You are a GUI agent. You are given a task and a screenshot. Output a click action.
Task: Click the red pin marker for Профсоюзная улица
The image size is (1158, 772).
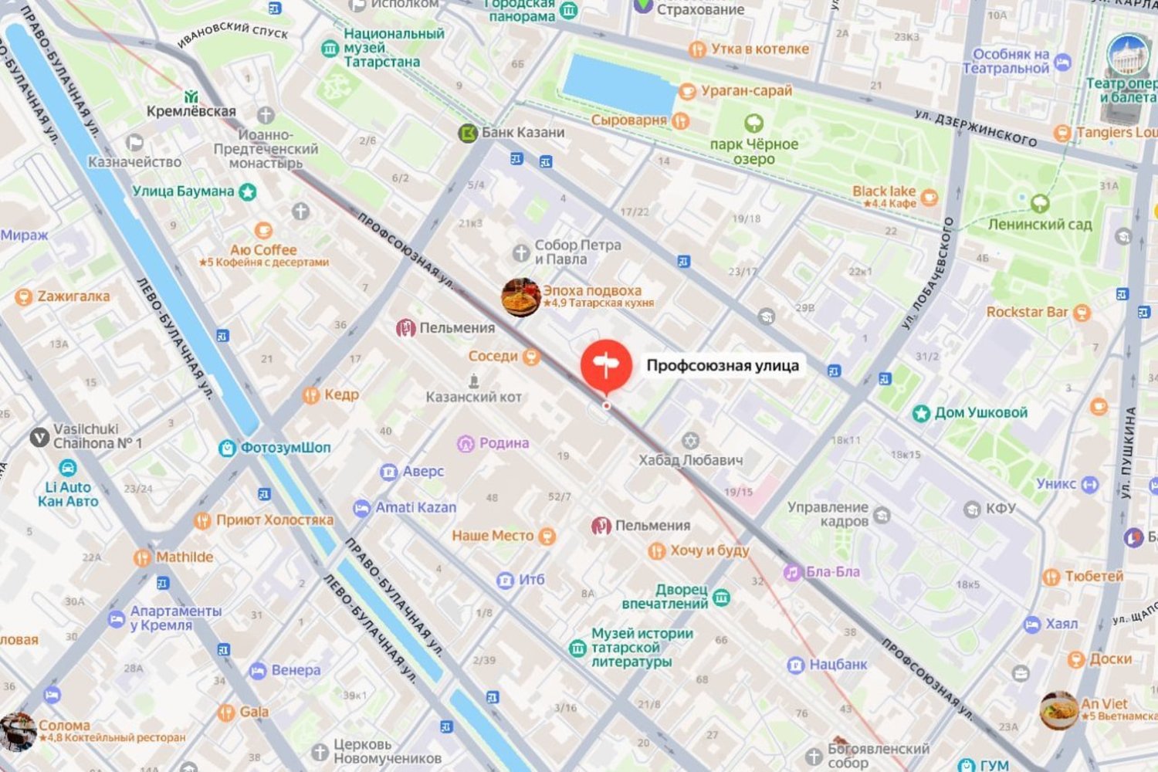(x=606, y=364)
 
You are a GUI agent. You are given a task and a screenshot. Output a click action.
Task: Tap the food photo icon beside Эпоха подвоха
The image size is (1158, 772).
(x=520, y=297)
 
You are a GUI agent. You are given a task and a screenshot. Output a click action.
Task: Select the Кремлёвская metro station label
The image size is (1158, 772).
(x=191, y=110)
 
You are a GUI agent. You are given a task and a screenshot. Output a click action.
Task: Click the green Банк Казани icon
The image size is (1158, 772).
(x=467, y=133)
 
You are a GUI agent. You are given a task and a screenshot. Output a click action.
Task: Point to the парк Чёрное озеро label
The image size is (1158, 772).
(x=753, y=151)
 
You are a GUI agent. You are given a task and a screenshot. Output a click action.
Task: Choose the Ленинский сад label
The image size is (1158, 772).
(x=1040, y=224)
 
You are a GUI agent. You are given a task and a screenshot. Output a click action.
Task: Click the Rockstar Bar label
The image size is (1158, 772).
(x=1027, y=312)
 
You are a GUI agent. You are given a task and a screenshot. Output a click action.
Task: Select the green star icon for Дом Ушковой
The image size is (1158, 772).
(x=920, y=413)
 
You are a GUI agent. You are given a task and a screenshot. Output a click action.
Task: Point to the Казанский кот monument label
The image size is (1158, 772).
(x=473, y=397)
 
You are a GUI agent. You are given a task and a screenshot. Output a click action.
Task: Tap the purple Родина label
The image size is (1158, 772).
(x=503, y=443)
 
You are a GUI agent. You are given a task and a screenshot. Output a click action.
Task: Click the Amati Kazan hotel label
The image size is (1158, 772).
(x=415, y=508)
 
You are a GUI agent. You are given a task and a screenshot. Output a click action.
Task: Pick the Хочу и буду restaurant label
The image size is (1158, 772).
(x=709, y=550)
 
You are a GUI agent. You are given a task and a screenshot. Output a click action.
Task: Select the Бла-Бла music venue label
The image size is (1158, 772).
(x=832, y=572)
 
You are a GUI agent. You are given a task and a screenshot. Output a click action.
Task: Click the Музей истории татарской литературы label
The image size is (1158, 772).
(x=641, y=647)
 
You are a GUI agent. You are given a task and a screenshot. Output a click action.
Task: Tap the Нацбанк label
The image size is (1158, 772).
(x=838, y=664)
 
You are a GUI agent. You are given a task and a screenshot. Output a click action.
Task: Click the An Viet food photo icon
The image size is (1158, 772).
(x=1058, y=710)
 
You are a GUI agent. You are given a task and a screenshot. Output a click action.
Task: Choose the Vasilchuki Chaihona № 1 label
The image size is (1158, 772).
(x=96, y=436)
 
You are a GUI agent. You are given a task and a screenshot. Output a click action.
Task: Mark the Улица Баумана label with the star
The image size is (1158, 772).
(x=183, y=191)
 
